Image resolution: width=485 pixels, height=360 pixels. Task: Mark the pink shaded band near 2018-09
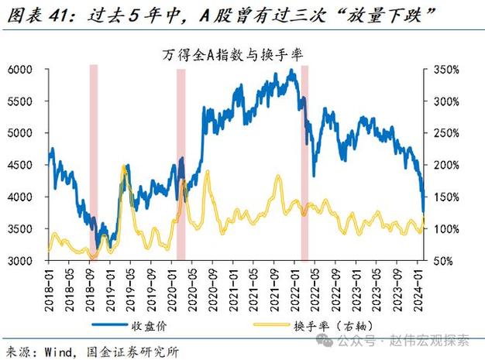(93, 163)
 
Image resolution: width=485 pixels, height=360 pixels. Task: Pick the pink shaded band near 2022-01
(304, 163)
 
